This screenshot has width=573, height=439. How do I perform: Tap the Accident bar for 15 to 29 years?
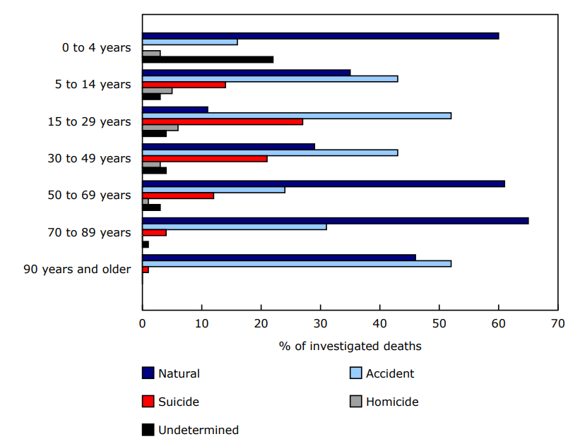coord(297,116)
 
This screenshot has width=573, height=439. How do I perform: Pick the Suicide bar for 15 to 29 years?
coord(223,121)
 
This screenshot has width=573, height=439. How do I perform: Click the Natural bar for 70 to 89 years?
coord(335,221)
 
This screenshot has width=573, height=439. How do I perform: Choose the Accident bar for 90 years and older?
coord(297,263)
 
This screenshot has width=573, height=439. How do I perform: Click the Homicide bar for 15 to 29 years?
coord(160,128)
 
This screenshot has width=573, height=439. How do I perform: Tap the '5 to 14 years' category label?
coord(93,85)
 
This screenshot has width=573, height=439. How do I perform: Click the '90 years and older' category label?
coord(77,269)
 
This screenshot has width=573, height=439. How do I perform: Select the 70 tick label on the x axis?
coord(557,324)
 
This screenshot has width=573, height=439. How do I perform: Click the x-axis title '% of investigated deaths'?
coord(350,346)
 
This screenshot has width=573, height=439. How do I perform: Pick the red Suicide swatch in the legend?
coord(148,402)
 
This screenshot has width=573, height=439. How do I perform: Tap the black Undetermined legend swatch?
coord(148,430)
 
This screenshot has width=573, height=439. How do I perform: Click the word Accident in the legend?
coord(390,373)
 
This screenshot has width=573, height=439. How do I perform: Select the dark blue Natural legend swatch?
coord(148,373)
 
